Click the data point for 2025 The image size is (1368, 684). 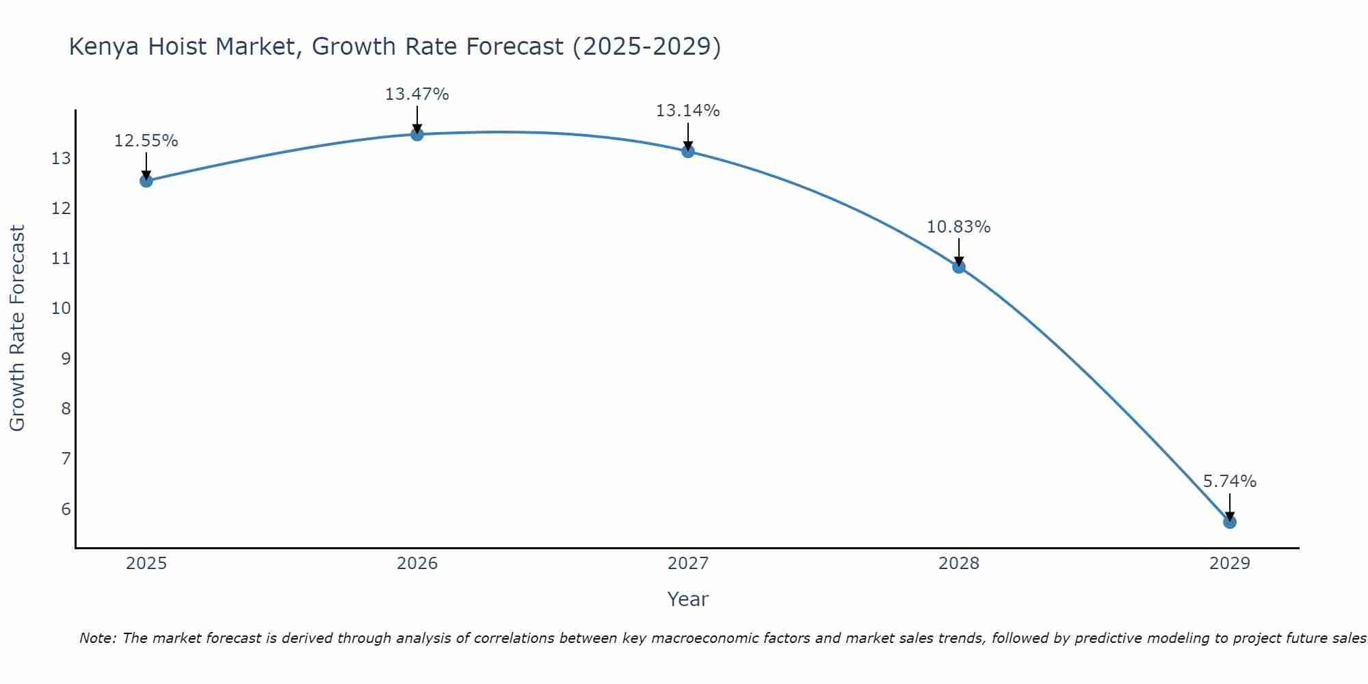(146, 181)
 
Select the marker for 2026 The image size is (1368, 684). (417, 134)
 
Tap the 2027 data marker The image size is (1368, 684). (688, 151)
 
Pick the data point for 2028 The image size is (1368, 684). (959, 267)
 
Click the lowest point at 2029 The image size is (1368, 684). (1230, 522)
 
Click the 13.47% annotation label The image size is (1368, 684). (417, 94)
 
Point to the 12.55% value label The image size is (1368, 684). (146, 141)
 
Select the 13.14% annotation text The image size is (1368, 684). (687, 111)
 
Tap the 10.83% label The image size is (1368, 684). (958, 227)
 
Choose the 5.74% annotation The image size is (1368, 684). (1229, 482)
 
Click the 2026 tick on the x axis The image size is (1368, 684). (417, 564)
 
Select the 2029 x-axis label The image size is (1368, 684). (1230, 564)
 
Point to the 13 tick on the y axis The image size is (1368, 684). (61, 159)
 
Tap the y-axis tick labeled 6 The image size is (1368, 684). (66, 509)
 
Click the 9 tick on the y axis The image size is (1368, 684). (66, 358)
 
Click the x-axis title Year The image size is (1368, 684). (687, 599)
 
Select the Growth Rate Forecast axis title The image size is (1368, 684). (17, 328)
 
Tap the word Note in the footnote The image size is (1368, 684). (98, 638)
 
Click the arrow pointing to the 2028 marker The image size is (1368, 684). (959, 252)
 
